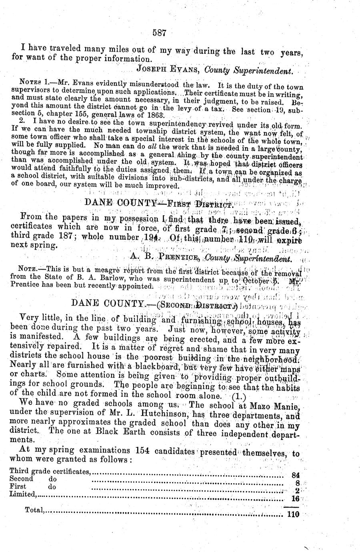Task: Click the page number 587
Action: click(159, 33)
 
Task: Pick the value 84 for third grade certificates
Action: click(296, 476)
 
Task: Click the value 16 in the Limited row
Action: click(296, 498)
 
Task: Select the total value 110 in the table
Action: click(293, 514)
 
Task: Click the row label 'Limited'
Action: click(22, 494)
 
